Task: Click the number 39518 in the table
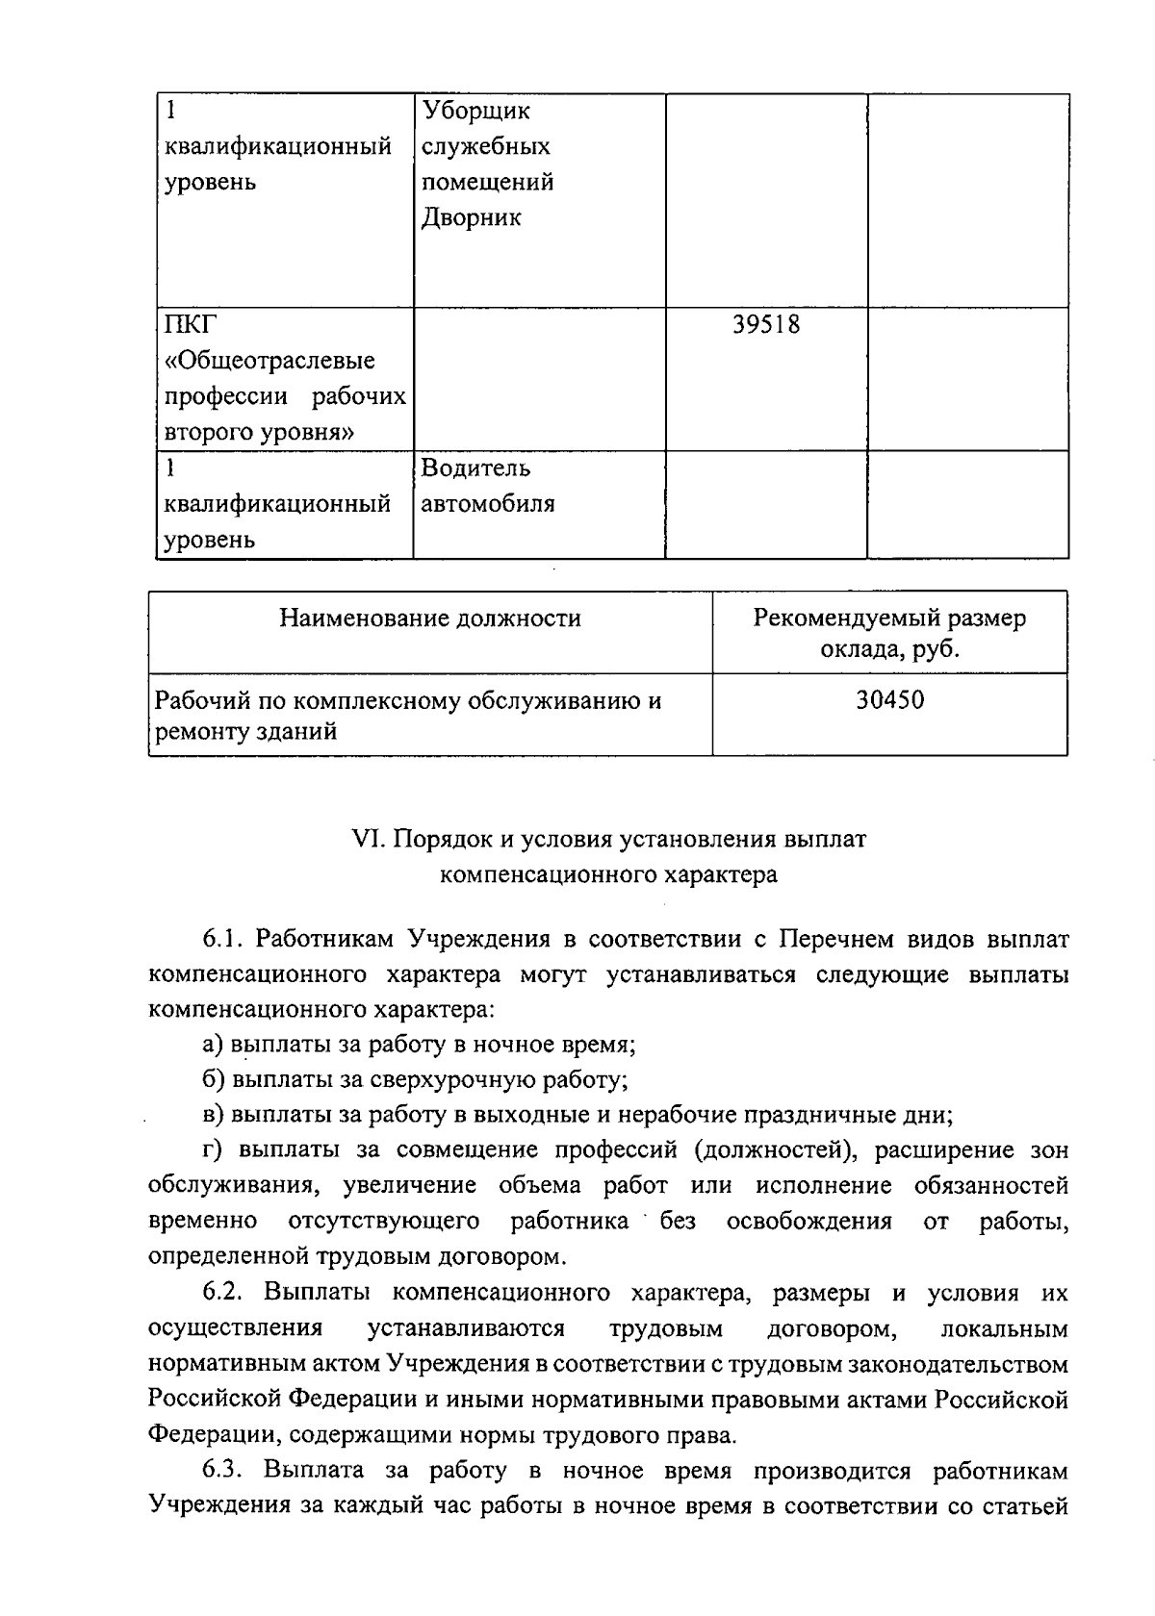(x=766, y=325)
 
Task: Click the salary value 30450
(x=889, y=699)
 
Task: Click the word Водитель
(x=475, y=468)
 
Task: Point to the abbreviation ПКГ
(x=185, y=325)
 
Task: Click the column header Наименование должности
(x=430, y=618)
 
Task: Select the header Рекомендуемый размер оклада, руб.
(x=889, y=633)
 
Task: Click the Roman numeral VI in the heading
(x=367, y=840)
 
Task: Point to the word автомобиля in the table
(x=488, y=504)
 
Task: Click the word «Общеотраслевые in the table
(x=270, y=362)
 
